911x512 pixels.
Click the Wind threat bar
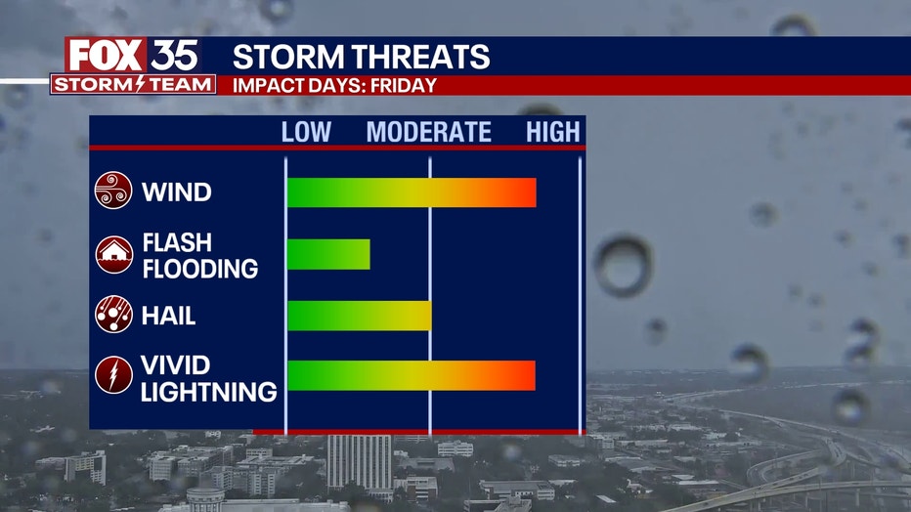(x=412, y=192)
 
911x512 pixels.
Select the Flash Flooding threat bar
(x=328, y=254)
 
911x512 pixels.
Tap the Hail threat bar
(x=360, y=316)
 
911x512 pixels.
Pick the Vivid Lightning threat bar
(x=412, y=375)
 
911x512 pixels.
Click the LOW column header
(x=306, y=132)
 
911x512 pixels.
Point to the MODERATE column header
(x=429, y=132)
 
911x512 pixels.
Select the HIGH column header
(x=553, y=132)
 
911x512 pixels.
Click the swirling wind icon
(x=113, y=190)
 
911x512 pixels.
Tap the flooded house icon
(x=113, y=254)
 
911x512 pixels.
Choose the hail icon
(x=113, y=314)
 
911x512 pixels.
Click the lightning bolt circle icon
(x=113, y=374)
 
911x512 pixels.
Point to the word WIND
(x=177, y=192)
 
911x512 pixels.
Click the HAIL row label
(x=168, y=316)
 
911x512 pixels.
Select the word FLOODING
(x=200, y=269)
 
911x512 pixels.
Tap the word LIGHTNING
(x=208, y=392)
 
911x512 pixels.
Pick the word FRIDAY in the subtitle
(x=404, y=86)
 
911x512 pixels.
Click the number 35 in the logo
(x=174, y=56)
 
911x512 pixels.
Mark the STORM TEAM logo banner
(x=133, y=84)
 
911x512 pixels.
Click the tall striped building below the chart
(x=360, y=463)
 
